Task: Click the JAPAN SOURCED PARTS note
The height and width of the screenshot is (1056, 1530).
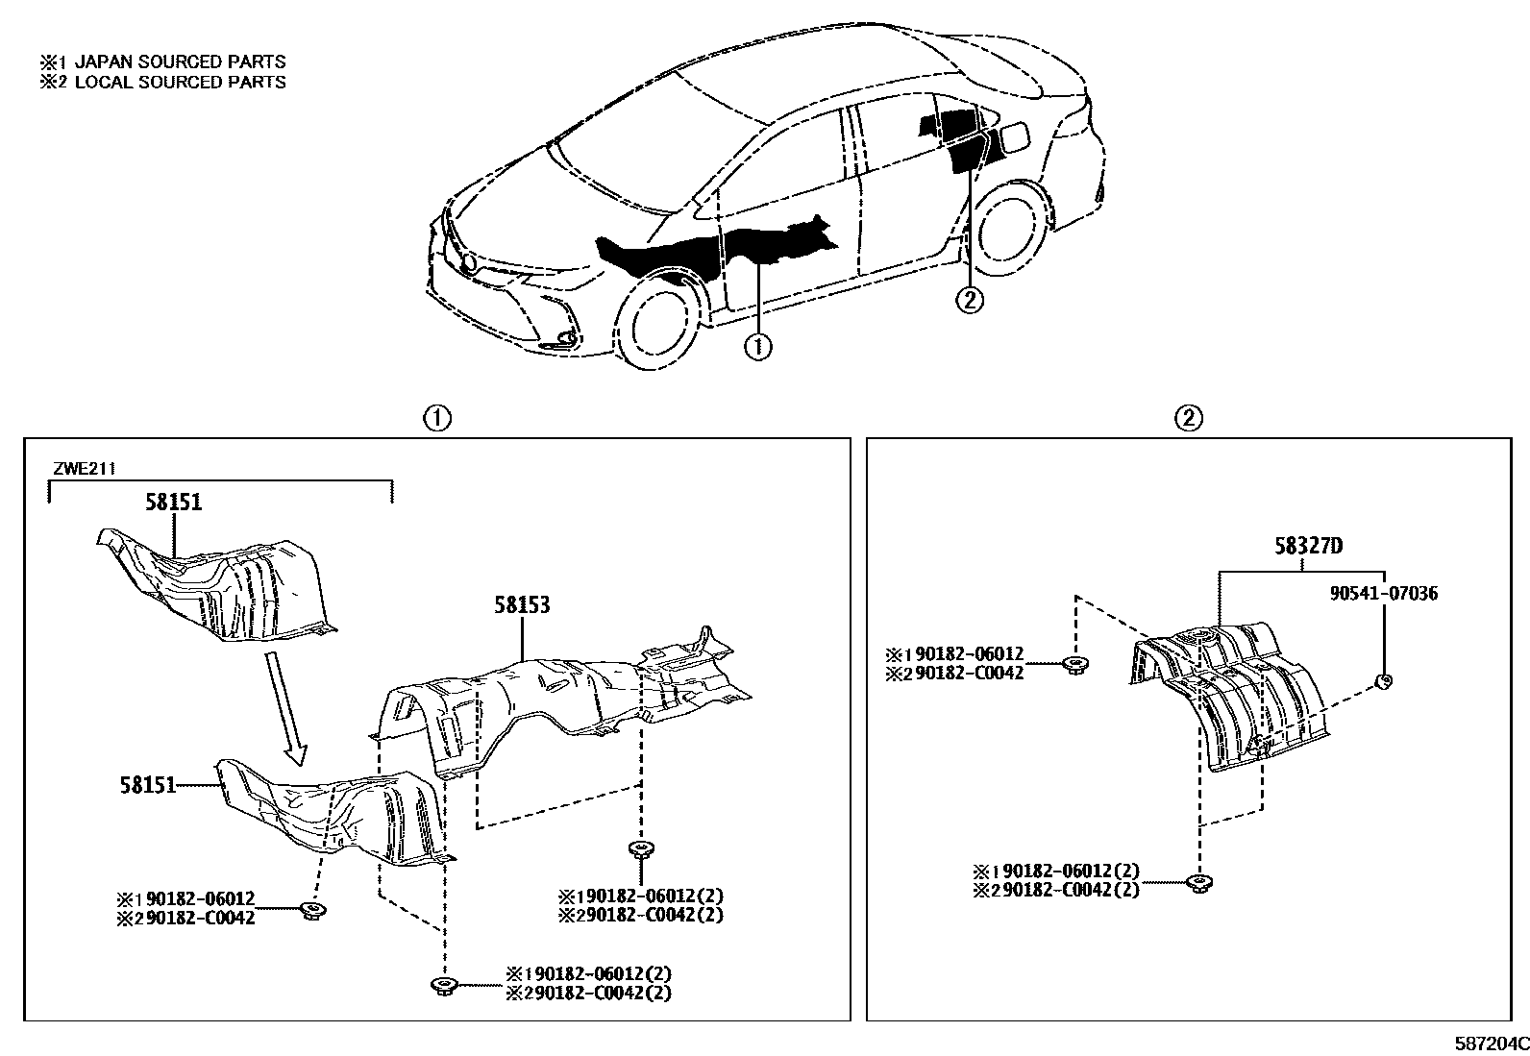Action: click(163, 61)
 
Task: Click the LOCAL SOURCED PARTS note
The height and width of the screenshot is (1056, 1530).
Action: click(163, 82)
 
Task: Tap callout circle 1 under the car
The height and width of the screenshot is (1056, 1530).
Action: click(758, 346)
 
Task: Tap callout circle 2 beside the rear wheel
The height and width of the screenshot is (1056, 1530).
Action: click(969, 300)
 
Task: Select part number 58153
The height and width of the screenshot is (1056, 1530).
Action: click(522, 605)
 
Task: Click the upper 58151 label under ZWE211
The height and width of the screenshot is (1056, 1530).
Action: click(174, 502)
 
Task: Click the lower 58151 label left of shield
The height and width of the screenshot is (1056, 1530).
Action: click(148, 785)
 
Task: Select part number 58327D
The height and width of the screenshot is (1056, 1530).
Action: click(1308, 547)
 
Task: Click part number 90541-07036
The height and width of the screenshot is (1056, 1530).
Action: click(1384, 594)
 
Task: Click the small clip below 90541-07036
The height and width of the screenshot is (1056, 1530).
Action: click(1383, 681)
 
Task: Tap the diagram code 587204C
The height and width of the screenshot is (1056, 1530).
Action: click(1490, 1044)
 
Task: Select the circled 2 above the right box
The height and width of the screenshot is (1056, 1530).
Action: click(1189, 418)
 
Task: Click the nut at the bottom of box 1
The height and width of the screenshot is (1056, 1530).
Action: click(443, 985)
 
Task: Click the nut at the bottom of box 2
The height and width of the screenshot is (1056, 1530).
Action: click(1197, 882)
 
